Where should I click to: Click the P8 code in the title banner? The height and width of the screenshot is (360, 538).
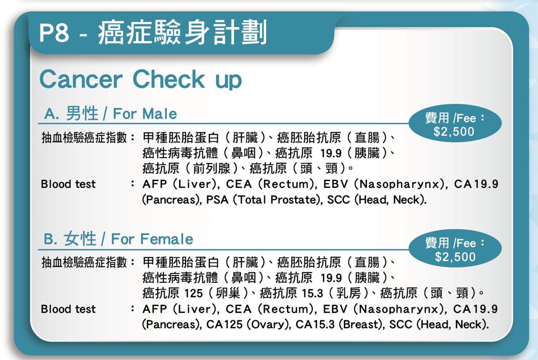coord(54,33)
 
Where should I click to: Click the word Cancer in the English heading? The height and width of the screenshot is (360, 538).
coord(81,79)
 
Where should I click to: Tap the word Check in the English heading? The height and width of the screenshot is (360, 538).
coord(169,79)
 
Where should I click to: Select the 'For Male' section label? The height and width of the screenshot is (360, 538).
coord(145,113)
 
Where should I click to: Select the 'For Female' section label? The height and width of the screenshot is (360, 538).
coord(152,239)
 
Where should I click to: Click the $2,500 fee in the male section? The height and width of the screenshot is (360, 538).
coord(454,132)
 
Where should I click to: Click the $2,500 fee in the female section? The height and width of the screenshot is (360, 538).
coord(455,257)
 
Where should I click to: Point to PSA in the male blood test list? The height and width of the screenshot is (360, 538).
coord(217,200)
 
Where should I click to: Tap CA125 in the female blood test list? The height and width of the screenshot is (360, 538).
coord(224,325)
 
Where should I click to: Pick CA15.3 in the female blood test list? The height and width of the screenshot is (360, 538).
coord(315,325)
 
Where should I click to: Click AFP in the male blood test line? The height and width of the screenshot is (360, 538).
coord(155,184)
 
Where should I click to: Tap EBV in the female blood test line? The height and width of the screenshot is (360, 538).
coord(335,309)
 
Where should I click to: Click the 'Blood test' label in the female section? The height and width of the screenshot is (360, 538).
coord(68,309)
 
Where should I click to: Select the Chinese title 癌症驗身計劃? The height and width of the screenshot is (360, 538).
coord(182,33)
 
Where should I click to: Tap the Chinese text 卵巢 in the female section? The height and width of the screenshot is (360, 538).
coord(228,293)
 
